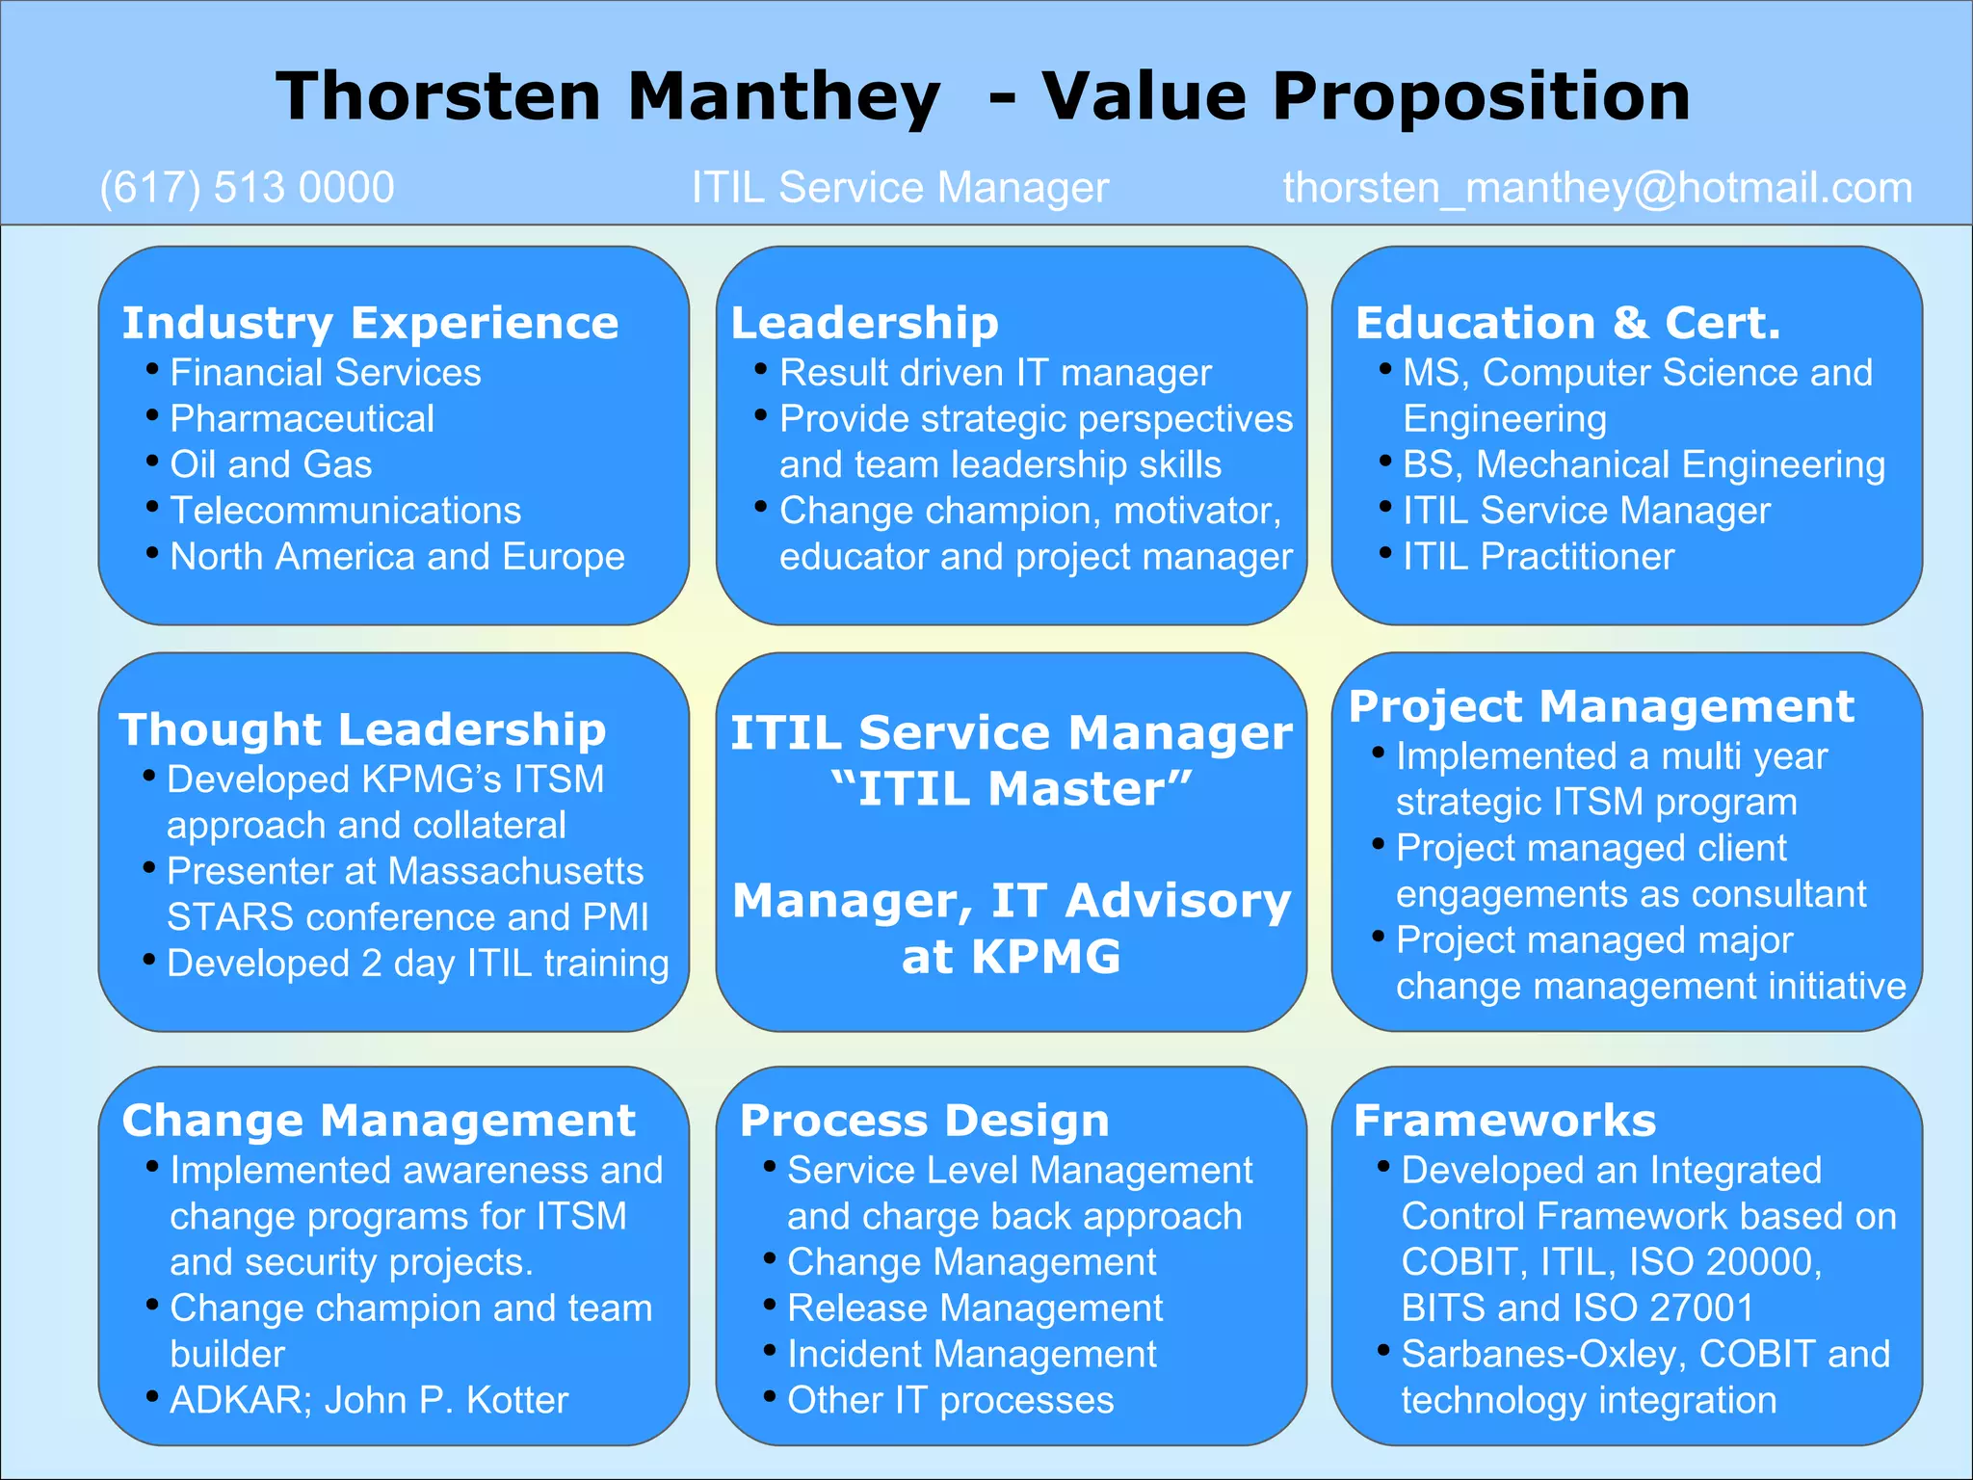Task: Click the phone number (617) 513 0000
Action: tap(247, 188)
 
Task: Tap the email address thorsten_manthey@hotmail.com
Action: tap(1597, 188)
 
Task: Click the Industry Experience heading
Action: tap(370, 323)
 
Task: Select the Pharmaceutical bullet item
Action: tap(302, 419)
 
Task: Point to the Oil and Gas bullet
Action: tap(271, 464)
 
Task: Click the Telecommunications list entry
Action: tap(345, 511)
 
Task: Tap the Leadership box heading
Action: tap(864, 323)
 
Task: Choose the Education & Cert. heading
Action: tap(1567, 323)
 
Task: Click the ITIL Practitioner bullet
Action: tap(1538, 557)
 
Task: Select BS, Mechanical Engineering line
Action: tap(1643, 464)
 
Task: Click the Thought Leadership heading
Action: tap(362, 729)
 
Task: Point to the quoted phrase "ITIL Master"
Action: tap(1011, 789)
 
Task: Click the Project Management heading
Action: tap(1601, 706)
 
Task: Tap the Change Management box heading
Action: tap(379, 1121)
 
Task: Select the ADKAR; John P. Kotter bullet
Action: tap(369, 1400)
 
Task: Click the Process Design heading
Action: tap(924, 1121)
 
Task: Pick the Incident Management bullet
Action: tap(971, 1355)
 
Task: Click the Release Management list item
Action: tap(975, 1308)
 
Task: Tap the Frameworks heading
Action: tap(1505, 1121)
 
